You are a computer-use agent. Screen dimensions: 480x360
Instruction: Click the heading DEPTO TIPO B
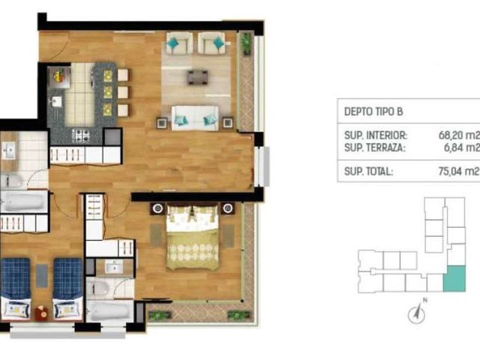[373, 112]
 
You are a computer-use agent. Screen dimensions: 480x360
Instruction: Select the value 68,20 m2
[458, 135]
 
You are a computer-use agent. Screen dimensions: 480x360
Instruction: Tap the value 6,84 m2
[461, 148]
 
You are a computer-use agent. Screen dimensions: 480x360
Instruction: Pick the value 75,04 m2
[458, 171]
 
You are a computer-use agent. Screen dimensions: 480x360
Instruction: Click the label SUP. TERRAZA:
[375, 148]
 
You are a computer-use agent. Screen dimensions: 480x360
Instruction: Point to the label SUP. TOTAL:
[368, 172]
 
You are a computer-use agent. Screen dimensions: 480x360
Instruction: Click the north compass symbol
[417, 312]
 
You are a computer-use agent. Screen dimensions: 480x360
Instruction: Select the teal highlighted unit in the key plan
[454, 278]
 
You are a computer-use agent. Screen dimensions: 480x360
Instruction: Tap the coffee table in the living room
[197, 77]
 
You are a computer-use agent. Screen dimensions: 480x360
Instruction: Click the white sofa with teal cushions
[195, 118]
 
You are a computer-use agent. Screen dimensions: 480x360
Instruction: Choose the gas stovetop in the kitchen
[81, 136]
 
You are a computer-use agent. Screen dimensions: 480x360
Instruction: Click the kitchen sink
[57, 102]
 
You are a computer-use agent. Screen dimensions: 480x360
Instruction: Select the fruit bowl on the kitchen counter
[59, 76]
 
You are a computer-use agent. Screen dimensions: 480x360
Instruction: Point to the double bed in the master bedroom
[193, 237]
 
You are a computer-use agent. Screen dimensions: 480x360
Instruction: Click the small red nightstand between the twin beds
[42, 313]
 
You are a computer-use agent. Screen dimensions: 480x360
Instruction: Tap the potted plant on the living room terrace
[246, 43]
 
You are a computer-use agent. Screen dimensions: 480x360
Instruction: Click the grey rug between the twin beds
[42, 276]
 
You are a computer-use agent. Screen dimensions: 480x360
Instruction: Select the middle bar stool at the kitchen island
[123, 92]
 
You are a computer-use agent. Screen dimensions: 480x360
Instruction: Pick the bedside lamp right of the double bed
[227, 208]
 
